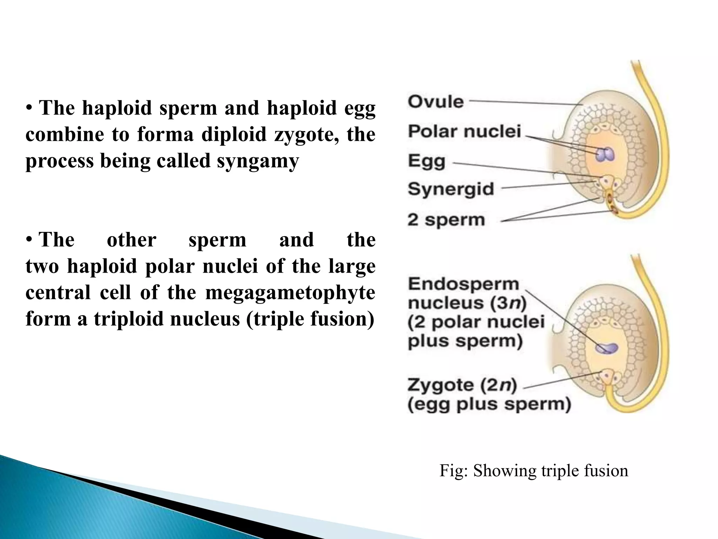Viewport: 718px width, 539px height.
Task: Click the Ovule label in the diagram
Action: [436, 102]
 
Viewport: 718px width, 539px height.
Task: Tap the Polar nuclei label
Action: [465, 132]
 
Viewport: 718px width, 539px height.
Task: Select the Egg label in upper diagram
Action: [427, 162]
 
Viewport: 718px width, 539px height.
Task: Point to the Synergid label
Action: [451, 189]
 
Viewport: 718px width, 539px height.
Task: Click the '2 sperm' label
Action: [446, 220]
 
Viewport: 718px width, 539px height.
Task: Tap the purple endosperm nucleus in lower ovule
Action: [607, 348]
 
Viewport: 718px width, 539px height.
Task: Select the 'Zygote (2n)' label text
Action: [462, 385]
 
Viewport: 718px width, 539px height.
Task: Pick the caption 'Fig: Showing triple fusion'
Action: [534, 471]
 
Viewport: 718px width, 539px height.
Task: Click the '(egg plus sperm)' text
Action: [489, 404]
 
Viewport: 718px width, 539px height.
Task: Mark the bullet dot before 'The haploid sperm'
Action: [30, 108]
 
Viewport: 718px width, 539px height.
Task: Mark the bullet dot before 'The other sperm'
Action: [30, 240]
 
